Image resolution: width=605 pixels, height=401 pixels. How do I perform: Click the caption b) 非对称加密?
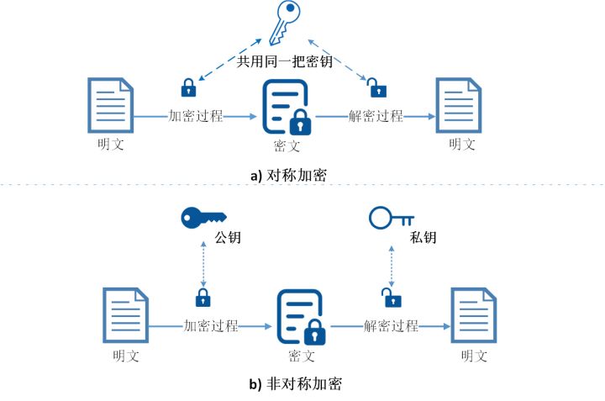tap(296, 384)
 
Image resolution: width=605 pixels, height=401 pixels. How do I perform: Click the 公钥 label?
tap(229, 238)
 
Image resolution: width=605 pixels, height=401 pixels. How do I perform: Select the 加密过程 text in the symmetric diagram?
tap(196, 116)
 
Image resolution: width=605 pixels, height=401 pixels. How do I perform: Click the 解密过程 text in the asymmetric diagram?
tap(392, 326)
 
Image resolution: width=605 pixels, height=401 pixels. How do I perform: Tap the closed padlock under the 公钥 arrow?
tap(203, 297)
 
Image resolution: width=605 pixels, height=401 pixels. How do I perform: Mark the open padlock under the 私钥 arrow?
tap(387, 296)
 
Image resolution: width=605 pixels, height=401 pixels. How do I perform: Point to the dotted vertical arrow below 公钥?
tap(203, 264)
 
